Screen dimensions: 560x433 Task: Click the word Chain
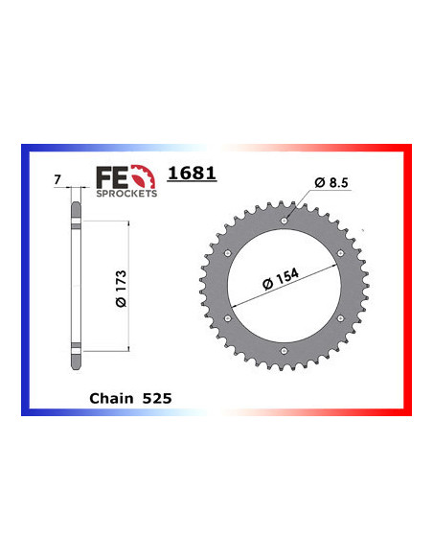click(x=108, y=396)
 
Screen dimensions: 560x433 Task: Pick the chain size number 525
click(x=156, y=396)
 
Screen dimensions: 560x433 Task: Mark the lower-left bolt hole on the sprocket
click(x=227, y=319)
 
